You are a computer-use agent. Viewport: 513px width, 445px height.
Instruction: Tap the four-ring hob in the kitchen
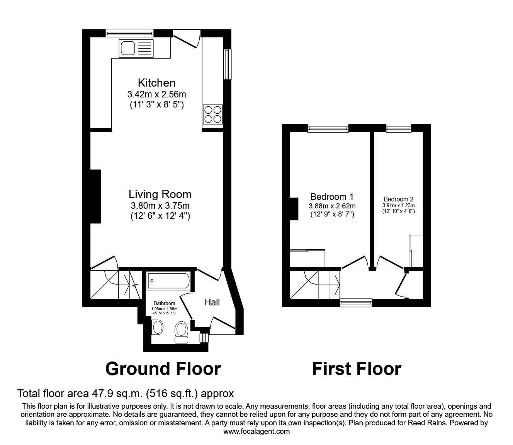tap(212, 114)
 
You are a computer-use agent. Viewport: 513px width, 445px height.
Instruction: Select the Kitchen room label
tap(156, 83)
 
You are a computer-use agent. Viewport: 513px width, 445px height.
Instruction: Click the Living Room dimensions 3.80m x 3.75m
tap(160, 206)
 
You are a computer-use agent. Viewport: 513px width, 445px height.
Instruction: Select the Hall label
tap(212, 302)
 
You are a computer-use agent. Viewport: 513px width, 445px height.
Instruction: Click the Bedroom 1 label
tap(332, 197)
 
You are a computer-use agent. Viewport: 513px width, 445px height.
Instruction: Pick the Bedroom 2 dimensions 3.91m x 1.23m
tap(398, 206)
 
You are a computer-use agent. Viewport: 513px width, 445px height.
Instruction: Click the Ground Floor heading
tap(163, 369)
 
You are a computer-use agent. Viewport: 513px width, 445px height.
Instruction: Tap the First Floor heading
tap(356, 369)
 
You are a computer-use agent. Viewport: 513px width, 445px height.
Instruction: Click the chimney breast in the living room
tap(95, 196)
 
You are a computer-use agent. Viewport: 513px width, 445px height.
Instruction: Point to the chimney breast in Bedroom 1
tap(294, 209)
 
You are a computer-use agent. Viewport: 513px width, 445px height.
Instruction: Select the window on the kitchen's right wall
tap(228, 65)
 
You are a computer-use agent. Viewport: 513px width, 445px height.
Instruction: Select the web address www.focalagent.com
tap(256, 431)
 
